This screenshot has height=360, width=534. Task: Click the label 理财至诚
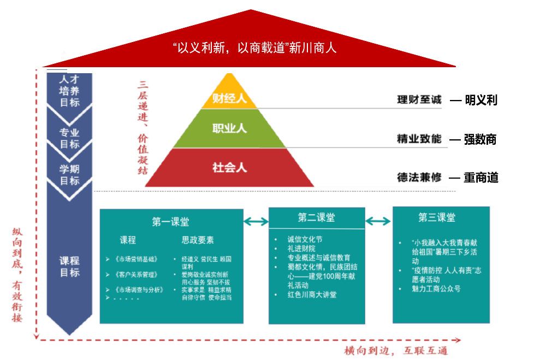click(419, 100)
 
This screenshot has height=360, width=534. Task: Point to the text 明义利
click(481, 100)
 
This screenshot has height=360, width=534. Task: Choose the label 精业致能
click(419, 139)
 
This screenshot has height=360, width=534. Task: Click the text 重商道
click(481, 178)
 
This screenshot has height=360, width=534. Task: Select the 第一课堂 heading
click(171, 222)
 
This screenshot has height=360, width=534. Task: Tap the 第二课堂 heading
click(316, 217)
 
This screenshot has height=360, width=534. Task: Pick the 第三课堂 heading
click(437, 217)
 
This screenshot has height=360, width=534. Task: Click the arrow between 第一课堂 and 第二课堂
click(256, 221)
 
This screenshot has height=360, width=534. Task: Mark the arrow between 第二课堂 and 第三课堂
click(378, 221)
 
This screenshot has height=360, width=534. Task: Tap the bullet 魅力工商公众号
click(436, 288)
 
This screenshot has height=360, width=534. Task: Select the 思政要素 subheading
click(198, 240)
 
